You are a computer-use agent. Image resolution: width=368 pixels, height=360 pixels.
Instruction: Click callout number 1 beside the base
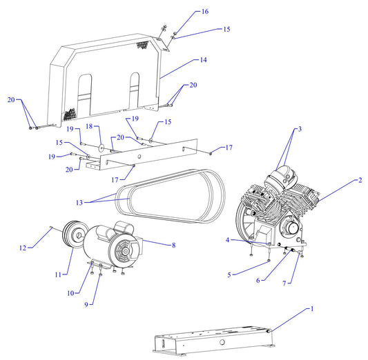pyautogui.click(x=312, y=308)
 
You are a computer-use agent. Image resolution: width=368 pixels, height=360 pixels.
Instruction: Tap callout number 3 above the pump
pyautogui.click(x=300, y=129)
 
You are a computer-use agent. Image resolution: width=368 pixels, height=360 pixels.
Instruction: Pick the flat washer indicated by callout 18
pyautogui.click(x=101, y=146)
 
